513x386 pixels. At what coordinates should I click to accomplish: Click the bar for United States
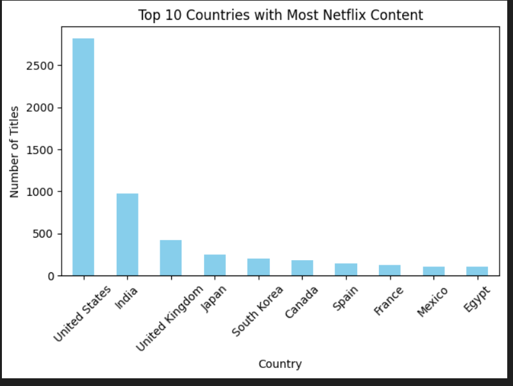[x=83, y=157]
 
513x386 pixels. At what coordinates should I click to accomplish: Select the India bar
[x=127, y=234]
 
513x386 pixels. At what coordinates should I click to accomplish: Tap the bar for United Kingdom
[x=171, y=258]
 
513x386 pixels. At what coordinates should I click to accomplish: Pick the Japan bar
[x=215, y=265]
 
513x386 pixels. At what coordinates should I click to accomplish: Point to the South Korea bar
[x=258, y=267]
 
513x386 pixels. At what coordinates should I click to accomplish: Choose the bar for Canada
[x=302, y=268]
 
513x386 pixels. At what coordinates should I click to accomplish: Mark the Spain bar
[x=346, y=270]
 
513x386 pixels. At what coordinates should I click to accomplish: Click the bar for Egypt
[x=477, y=271]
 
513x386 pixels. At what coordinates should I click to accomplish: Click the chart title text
[x=281, y=15]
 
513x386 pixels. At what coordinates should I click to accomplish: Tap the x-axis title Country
[x=280, y=364]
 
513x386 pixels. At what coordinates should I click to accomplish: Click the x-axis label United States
[x=82, y=314]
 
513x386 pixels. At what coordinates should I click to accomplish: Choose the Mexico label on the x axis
[x=432, y=302]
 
